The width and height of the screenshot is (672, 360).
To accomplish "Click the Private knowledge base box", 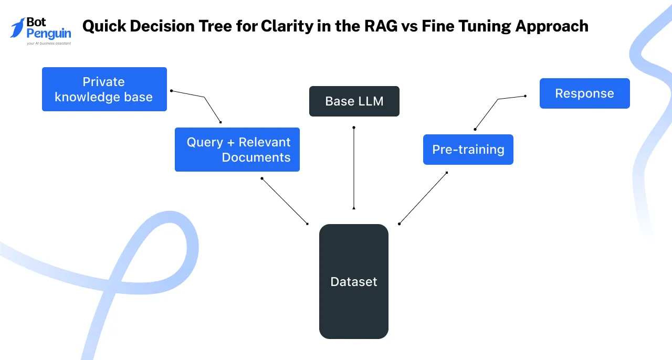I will tap(104, 89).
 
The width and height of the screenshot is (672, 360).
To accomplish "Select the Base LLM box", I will tap(354, 101).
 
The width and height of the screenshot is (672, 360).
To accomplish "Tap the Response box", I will tap(584, 93).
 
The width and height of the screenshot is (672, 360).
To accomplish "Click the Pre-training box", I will tap(468, 150).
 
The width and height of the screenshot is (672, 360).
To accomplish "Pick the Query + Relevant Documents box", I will tap(237, 150).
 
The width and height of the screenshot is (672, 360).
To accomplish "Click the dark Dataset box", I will tap(353, 282).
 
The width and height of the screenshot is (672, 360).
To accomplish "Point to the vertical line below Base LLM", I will tap(354, 168).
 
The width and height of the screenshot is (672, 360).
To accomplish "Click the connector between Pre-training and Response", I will tap(486, 113).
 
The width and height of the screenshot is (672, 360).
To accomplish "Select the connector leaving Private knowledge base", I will tap(204, 98).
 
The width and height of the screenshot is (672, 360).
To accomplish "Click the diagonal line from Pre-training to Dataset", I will tap(423, 198).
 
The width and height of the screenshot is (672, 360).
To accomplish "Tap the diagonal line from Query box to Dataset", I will tap(285, 202).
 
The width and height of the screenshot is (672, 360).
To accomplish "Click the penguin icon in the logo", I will tap(18, 27).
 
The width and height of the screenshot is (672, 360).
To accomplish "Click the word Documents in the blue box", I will tap(256, 157).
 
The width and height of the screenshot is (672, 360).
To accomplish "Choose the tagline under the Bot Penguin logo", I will tap(48, 44).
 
